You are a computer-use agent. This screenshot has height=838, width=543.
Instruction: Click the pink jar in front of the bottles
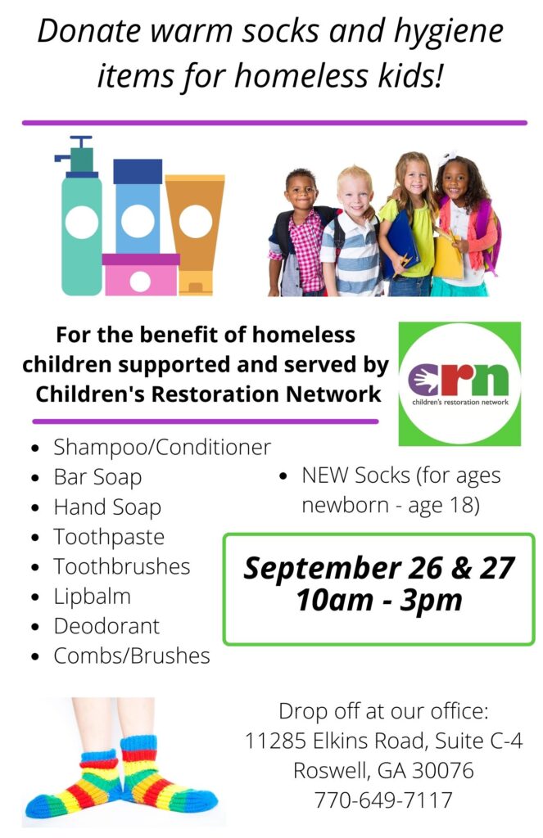[140, 274]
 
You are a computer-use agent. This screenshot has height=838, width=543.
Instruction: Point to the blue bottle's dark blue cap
[138, 171]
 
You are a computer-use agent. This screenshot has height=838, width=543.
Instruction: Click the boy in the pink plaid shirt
[301, 233]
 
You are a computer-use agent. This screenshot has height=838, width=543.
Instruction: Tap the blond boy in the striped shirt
[353, 232]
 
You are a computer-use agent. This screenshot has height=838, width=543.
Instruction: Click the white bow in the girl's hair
[446, 157]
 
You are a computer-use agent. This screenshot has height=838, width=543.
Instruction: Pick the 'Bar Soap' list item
[97, 477]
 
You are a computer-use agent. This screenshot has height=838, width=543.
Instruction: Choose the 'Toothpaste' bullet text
[109, 537]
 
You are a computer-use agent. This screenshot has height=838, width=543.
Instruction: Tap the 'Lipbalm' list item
[92, 597]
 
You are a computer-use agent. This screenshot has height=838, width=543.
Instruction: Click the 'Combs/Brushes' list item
[132, 656]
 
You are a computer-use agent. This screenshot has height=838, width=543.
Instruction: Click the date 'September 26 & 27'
[378, 568]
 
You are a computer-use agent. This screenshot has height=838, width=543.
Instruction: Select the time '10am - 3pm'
[378, 600]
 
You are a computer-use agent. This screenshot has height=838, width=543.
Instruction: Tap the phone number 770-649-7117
[383, 800]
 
